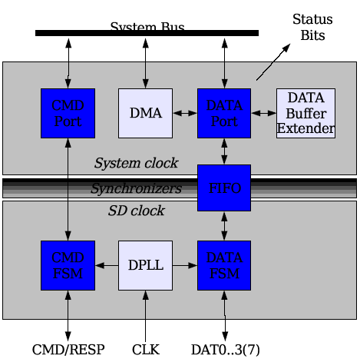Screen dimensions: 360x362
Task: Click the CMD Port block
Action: click(68, 113)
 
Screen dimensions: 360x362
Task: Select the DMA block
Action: click(145, 113)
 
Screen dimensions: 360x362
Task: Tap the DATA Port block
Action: click(224, 113)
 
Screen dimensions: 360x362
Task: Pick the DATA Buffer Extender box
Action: click(306, 113)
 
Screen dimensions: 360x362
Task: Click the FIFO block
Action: click(224, 188)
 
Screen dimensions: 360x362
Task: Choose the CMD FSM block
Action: click(68, 265)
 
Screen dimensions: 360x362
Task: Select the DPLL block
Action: click(145, 265)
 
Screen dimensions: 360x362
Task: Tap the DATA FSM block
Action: click(224, 265)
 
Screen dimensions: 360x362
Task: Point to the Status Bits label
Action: click(312, 27)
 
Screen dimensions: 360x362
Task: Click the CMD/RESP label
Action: click(68, 350)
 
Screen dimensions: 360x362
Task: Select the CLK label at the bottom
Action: click(146, 350)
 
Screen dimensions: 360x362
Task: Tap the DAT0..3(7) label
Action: click(226, 350)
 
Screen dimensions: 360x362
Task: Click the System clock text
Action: click(136, 163)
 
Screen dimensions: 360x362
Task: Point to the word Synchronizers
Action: click(136, 188)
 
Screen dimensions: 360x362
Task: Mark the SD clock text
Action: click(136, 211)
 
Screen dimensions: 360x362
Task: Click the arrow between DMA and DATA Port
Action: click(185, 113)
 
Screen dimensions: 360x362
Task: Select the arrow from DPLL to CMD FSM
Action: click(107, 265)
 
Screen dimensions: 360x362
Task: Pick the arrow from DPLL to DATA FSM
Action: click(185, 265)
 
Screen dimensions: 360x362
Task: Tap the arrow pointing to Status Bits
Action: click(273, 61)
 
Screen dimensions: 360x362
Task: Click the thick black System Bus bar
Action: click(147, 33)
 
